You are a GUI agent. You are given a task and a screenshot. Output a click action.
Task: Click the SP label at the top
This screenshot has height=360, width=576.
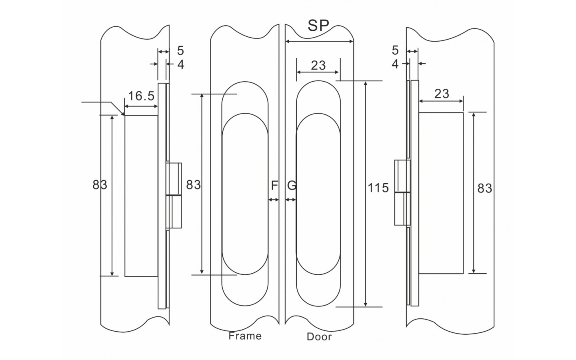coord(318,26)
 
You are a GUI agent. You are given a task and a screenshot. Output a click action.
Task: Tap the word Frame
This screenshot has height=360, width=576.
coord(245,336)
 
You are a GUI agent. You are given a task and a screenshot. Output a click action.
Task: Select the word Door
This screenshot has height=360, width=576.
coord(319,337)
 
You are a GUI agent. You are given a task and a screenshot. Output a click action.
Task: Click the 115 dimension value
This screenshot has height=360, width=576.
coord(378,188)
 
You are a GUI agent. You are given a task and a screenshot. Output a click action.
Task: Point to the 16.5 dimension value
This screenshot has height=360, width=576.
coord(141,96)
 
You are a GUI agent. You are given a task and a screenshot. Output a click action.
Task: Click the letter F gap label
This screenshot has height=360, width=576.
coord(274,186)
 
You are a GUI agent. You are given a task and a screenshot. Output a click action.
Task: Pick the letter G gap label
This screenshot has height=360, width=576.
coord(292,186)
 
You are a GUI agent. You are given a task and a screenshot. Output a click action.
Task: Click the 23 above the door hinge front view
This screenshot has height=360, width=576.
coord(318,65)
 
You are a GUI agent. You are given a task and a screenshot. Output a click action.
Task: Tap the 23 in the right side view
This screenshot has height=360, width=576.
coord(442,94)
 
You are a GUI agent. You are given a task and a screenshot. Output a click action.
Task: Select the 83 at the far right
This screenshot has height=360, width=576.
coord(485,188)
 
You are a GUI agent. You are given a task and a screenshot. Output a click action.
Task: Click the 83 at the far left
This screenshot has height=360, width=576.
coord(100,185)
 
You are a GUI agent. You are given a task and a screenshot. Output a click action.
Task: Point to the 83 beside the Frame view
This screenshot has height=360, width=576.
coord(194,185)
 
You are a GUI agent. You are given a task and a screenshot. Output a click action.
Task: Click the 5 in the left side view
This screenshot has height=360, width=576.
coord(180,51)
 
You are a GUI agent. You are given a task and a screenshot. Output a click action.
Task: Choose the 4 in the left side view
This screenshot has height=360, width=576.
coord(180,64)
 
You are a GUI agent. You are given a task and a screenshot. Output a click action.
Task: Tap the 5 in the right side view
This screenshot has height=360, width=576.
coord(395,50)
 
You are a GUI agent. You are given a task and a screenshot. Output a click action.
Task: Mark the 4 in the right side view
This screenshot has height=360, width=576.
coord(395,64)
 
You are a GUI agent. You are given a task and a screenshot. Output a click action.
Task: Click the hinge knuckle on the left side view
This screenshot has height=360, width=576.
coord(174,195)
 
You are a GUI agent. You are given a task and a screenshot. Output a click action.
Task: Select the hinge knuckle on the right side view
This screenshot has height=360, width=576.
coord(402,192)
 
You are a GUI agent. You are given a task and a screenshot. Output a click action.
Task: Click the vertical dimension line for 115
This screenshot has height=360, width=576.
coord(366,240)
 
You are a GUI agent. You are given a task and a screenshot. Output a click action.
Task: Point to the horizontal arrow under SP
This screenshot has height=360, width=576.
coord(319,41)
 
